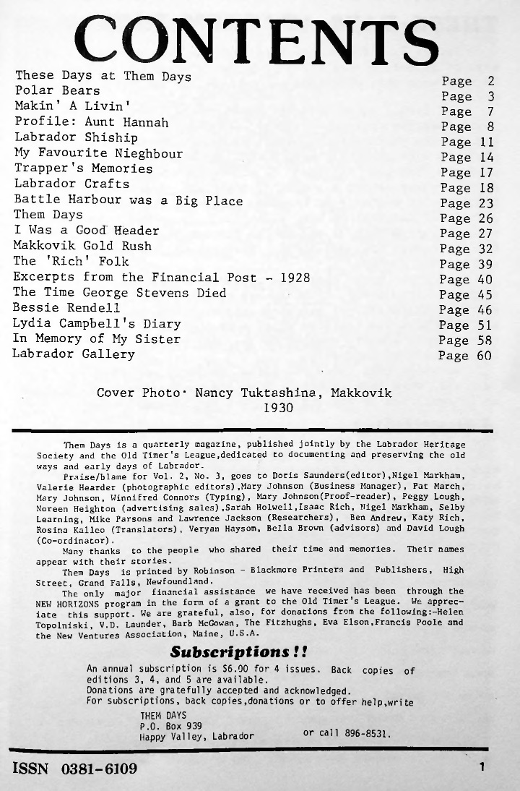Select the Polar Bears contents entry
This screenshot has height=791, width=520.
click(x=57, y=91)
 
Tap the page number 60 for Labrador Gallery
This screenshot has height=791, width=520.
click(x=483, y=356)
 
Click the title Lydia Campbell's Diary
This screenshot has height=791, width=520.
click(x=97, y=323)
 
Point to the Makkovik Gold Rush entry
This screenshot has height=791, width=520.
click(x=82, y=246)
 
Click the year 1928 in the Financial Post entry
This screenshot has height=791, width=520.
click(x=295, y=277)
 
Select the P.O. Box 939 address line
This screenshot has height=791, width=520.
click(x=170, y=725)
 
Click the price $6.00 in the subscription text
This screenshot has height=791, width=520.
click(x=244, y=670)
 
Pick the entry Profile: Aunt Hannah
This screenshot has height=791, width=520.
click(x=91, y=122)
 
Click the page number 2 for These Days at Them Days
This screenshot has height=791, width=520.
click(x=490, y=81)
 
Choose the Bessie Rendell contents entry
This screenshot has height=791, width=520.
click(x=66, y=308)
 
